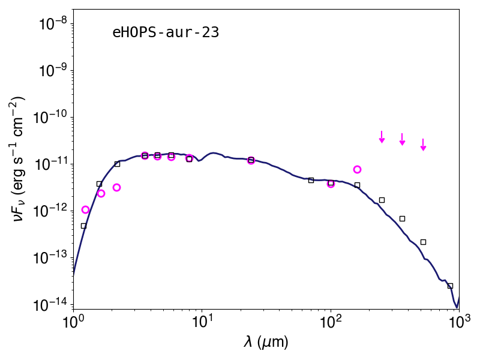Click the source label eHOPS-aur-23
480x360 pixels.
tap(166, 32)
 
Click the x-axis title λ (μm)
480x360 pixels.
tap(266, 341)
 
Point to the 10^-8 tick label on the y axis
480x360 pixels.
tap(56, 23)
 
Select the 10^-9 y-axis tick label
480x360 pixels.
tap(56, 70)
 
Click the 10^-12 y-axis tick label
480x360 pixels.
tap(53, 211)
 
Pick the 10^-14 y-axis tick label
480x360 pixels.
tap(53, 304)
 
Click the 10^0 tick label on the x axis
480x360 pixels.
tap(73, 322)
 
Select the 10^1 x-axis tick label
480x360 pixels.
tap(202, 322)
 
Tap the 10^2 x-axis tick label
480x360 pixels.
tap(331, 322)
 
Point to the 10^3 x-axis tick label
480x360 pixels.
tap(459, 322)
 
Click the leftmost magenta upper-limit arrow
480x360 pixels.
tap(382, 137)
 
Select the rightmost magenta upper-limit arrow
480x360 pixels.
tap(423, 145)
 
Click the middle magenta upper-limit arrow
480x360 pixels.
tap(402, 139)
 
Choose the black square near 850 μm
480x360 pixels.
tap(450, 286)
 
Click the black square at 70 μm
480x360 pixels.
tap(311, 181)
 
